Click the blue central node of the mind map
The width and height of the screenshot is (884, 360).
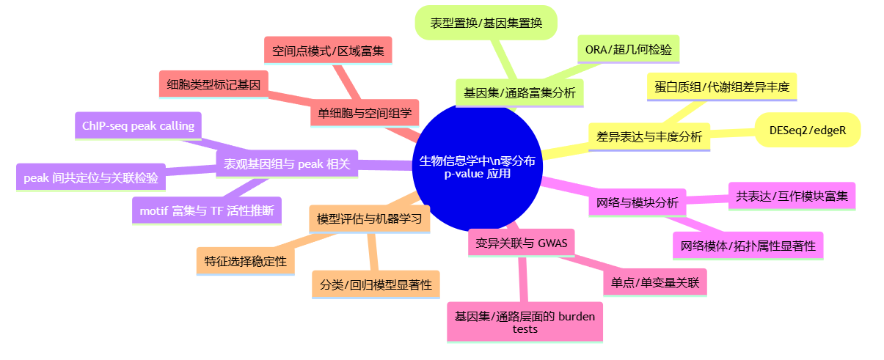coord(476,166)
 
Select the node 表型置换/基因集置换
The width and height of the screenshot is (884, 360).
coord(486,23)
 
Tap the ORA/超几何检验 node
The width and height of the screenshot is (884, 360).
coord(628,49)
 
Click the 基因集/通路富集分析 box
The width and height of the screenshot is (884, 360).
coord(519,93)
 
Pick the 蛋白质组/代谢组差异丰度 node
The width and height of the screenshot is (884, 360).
coord(722,87)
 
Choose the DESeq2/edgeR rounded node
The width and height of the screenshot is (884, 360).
coord(807,130)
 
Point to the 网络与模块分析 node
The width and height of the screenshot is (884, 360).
coord(637,202)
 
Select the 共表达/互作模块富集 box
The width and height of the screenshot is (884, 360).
coord(791,196)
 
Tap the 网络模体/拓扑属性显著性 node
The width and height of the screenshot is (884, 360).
coord(748,245)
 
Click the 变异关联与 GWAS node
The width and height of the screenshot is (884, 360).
coord(521,243)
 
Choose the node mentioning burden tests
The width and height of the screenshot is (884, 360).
coord(525,322)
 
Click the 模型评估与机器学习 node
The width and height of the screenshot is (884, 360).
coord(369,218)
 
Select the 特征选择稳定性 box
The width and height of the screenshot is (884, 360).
coord(245,260)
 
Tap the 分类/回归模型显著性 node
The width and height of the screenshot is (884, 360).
coord(376,284)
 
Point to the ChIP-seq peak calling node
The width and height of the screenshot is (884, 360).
coord(138,126)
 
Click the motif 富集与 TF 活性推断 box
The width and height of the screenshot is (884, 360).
coord(206,211)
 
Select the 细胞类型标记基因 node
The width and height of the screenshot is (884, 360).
coord(213,84)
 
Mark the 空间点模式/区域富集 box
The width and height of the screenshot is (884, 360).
coord(327,51)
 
